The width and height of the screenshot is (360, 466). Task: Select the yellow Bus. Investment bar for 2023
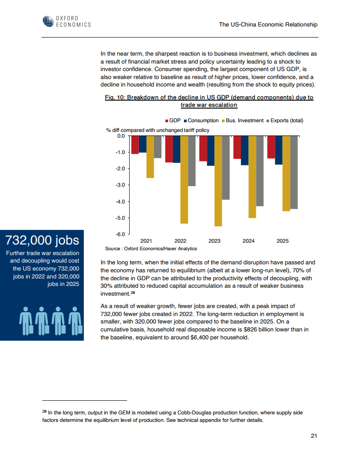coord(218,181)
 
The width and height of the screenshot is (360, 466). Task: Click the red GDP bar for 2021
coord(135,145)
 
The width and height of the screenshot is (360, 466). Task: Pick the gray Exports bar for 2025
coord(294,172)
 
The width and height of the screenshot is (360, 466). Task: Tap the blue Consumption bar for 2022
coord(176,149)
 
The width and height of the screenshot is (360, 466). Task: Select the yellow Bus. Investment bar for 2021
coord(150,157)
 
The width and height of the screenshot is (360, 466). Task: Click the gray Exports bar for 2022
coord(191,161)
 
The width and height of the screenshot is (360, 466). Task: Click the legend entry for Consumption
coord(201,120)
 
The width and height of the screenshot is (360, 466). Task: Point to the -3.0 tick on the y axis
coord(120,185)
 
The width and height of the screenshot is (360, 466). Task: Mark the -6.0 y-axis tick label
coord(120,234)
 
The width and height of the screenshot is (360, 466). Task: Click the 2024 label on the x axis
coord(248,241)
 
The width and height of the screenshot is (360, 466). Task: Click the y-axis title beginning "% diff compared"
coord(157,130)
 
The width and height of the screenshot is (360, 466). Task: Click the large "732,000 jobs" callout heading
coord(42,240)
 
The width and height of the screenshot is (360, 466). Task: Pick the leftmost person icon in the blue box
coord(26,319)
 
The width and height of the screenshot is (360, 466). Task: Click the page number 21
coord(314,436)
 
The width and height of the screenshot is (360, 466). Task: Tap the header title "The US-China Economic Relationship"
coord(268,25)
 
